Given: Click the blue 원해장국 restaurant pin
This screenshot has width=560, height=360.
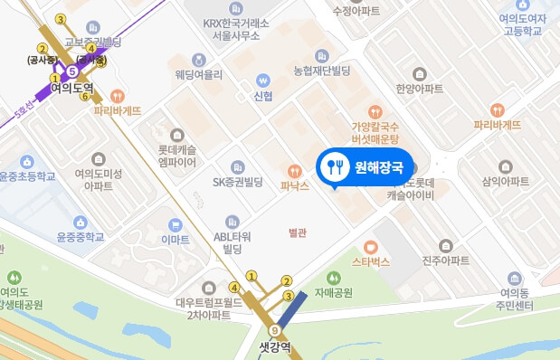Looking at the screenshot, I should click(365, 166).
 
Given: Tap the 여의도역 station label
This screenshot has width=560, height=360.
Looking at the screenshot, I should click(73, 89).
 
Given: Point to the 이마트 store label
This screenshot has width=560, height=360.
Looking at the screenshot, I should click(174, 241).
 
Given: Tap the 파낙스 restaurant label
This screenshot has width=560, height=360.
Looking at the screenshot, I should click(295, 185).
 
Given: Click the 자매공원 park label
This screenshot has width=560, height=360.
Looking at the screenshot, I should click(333, 293).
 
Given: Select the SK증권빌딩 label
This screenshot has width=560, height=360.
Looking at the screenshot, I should click(237, 181).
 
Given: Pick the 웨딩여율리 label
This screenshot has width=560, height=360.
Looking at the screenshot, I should click(199, 75).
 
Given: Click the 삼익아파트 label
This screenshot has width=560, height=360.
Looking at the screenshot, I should click(505, 182).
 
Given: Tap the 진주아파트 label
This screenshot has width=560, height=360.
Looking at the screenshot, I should click(445, 261).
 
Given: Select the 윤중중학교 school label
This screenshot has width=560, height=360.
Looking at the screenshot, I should click(81, 237).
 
